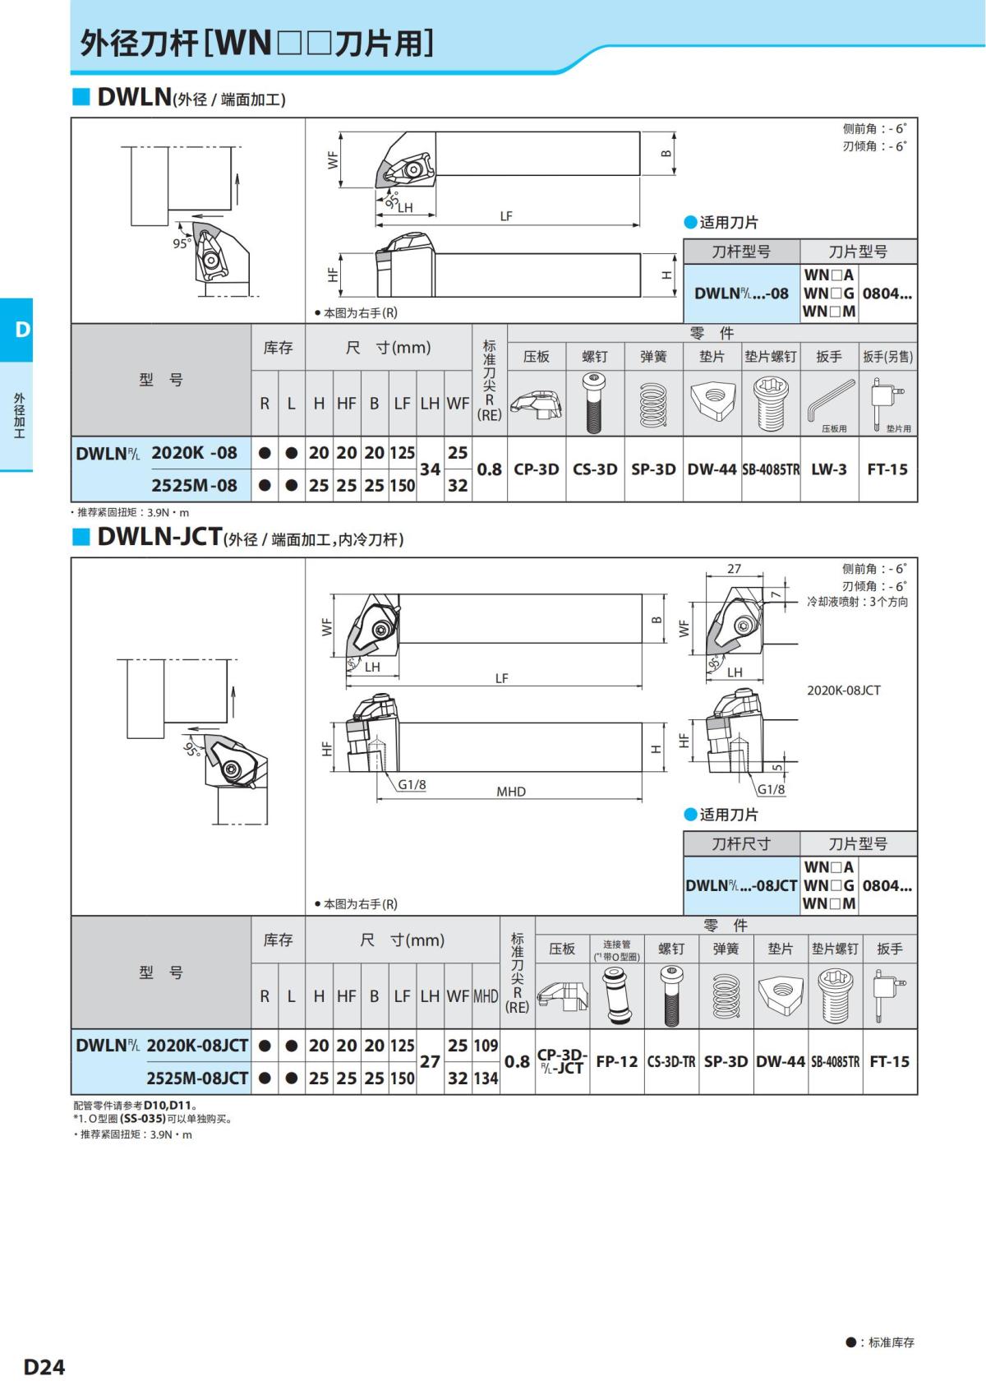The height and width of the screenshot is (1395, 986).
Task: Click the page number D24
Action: (x=44, y=1366)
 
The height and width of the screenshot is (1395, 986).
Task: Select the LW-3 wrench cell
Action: (x=828, y=469)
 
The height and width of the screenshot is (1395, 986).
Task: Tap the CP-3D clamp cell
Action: (x=537, y=469)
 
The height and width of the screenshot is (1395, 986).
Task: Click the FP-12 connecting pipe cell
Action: (x=617, y=1061)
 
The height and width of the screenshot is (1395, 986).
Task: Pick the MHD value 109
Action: (x=486, y=1046)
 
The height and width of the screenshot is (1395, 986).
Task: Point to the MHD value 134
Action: (x=486, y=1079)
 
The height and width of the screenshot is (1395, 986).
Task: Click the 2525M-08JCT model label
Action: (x=197, y=1079)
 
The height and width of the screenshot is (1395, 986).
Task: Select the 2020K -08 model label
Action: (x=195, y=453)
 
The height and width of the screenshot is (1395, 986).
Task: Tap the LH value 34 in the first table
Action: (x=430, y=469)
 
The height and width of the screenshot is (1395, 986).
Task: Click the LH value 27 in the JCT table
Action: (x=430, y=1061)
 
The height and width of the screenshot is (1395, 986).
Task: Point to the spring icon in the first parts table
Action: (x=653, y=403)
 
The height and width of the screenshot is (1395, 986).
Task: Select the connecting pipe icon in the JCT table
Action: (x=616, y=995)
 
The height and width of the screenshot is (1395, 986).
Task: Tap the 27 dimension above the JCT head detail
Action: (x=734, y=568)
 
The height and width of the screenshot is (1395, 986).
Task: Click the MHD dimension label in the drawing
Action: (x=511, y=792)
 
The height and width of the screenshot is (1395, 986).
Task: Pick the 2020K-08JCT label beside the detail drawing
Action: (x=844, y=691)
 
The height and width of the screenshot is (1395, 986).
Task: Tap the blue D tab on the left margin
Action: (x=17, y=330)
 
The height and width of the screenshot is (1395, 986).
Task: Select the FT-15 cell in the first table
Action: (x=887, y=469)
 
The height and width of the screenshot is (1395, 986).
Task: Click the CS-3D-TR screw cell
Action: (x=671, y=1061)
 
